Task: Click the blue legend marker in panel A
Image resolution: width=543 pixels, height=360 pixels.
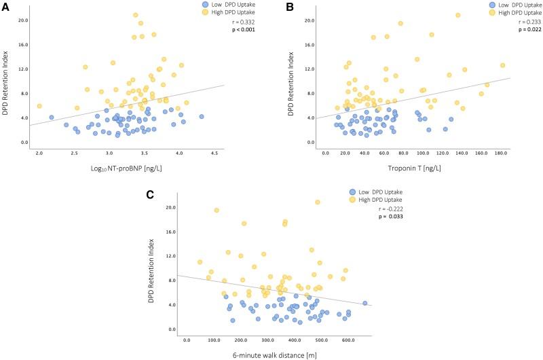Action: coord(205,4)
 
